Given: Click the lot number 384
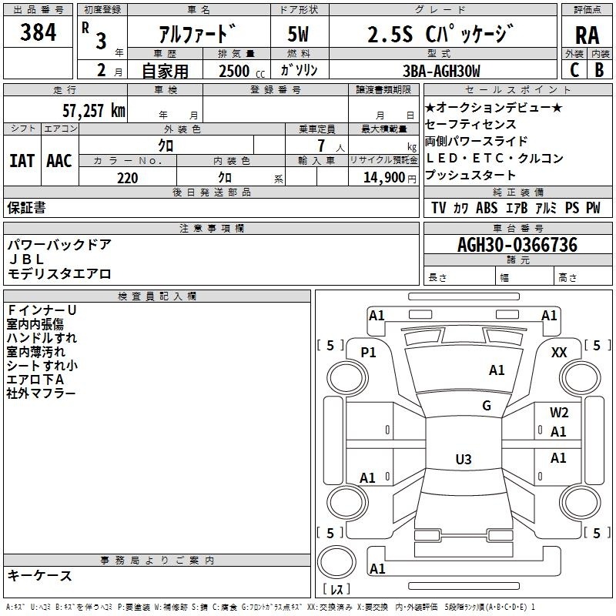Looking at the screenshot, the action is click(38, 32).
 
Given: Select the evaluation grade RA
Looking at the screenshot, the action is click(588, 35).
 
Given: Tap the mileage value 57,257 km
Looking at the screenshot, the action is click(94, 111).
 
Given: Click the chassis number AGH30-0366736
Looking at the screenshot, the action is click(517, 245).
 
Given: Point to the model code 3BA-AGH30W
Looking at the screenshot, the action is click(441, 71).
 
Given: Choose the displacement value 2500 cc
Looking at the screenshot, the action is click(242, 71).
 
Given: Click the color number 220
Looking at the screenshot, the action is click(128, 178).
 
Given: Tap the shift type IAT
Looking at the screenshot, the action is click(22, 161).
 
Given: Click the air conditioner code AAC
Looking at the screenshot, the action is click(59, 161).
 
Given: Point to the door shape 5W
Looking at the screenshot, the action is click(298, 34).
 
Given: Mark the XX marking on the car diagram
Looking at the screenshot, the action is click(559, 353).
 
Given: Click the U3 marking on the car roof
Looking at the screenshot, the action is click(464, 459).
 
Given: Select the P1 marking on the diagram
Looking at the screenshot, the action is click(369, 353).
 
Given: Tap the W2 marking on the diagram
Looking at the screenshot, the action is click(559, 413).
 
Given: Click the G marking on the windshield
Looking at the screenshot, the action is click(487, 405).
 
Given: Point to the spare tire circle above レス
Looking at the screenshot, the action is click(336, 562).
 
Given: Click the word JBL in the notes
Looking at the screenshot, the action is click(26, 259).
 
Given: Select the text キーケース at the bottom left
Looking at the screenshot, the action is click(40, 576).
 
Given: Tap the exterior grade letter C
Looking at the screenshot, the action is click(574, 70).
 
